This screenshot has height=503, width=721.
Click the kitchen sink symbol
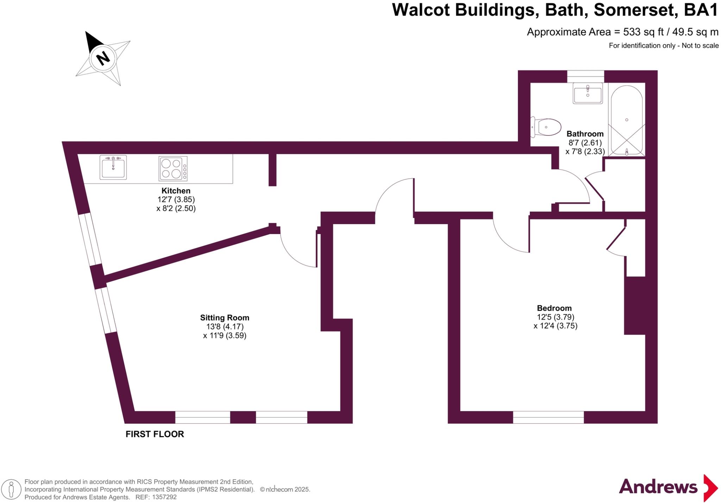pos(113,167)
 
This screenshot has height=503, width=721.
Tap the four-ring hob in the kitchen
pos(173,168)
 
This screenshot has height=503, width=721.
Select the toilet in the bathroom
pos(546,127)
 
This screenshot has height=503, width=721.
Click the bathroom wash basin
pos(588,93)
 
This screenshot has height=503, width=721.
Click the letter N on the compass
pos(103,58)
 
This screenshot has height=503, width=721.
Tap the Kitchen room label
pos(176,191)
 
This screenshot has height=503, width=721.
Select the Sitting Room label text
pos(225,318)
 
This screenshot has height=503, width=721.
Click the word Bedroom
pos(554,308)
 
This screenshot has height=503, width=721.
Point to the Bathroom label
pos(585,134)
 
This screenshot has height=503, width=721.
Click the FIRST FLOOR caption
pos(155,434)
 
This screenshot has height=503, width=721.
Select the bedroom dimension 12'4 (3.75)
pos(556,326)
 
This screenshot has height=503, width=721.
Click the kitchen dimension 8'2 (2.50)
pos(176,208)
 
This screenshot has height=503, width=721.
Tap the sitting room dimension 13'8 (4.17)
pos(225,327)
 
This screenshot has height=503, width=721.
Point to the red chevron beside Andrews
pos(710,488)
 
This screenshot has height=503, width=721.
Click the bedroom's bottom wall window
pos(548,417)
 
